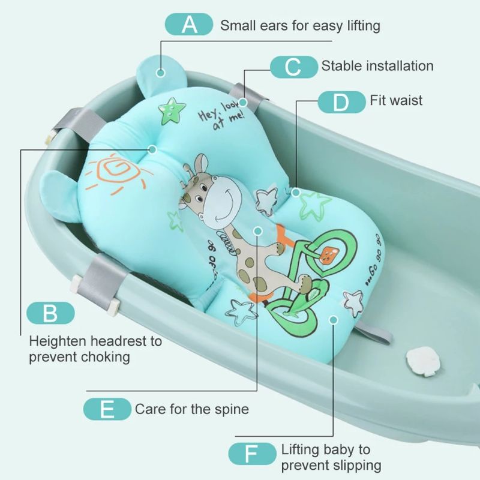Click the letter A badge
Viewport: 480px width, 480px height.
click(x=189, y=25)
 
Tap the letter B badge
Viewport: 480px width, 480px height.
click(x=51, y=313)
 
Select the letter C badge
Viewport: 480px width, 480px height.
click(x=293, y=66)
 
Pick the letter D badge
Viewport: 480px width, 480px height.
click(x=341, y=101)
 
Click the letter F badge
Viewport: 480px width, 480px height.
click(x=251, y=454)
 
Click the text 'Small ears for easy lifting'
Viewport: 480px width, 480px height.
click(x=300, y=25)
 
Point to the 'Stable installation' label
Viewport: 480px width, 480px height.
click(x=377, y=66)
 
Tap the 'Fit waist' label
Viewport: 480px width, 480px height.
click(x=396, y=100)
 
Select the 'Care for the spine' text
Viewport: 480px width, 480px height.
click(x=191, y=410)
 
